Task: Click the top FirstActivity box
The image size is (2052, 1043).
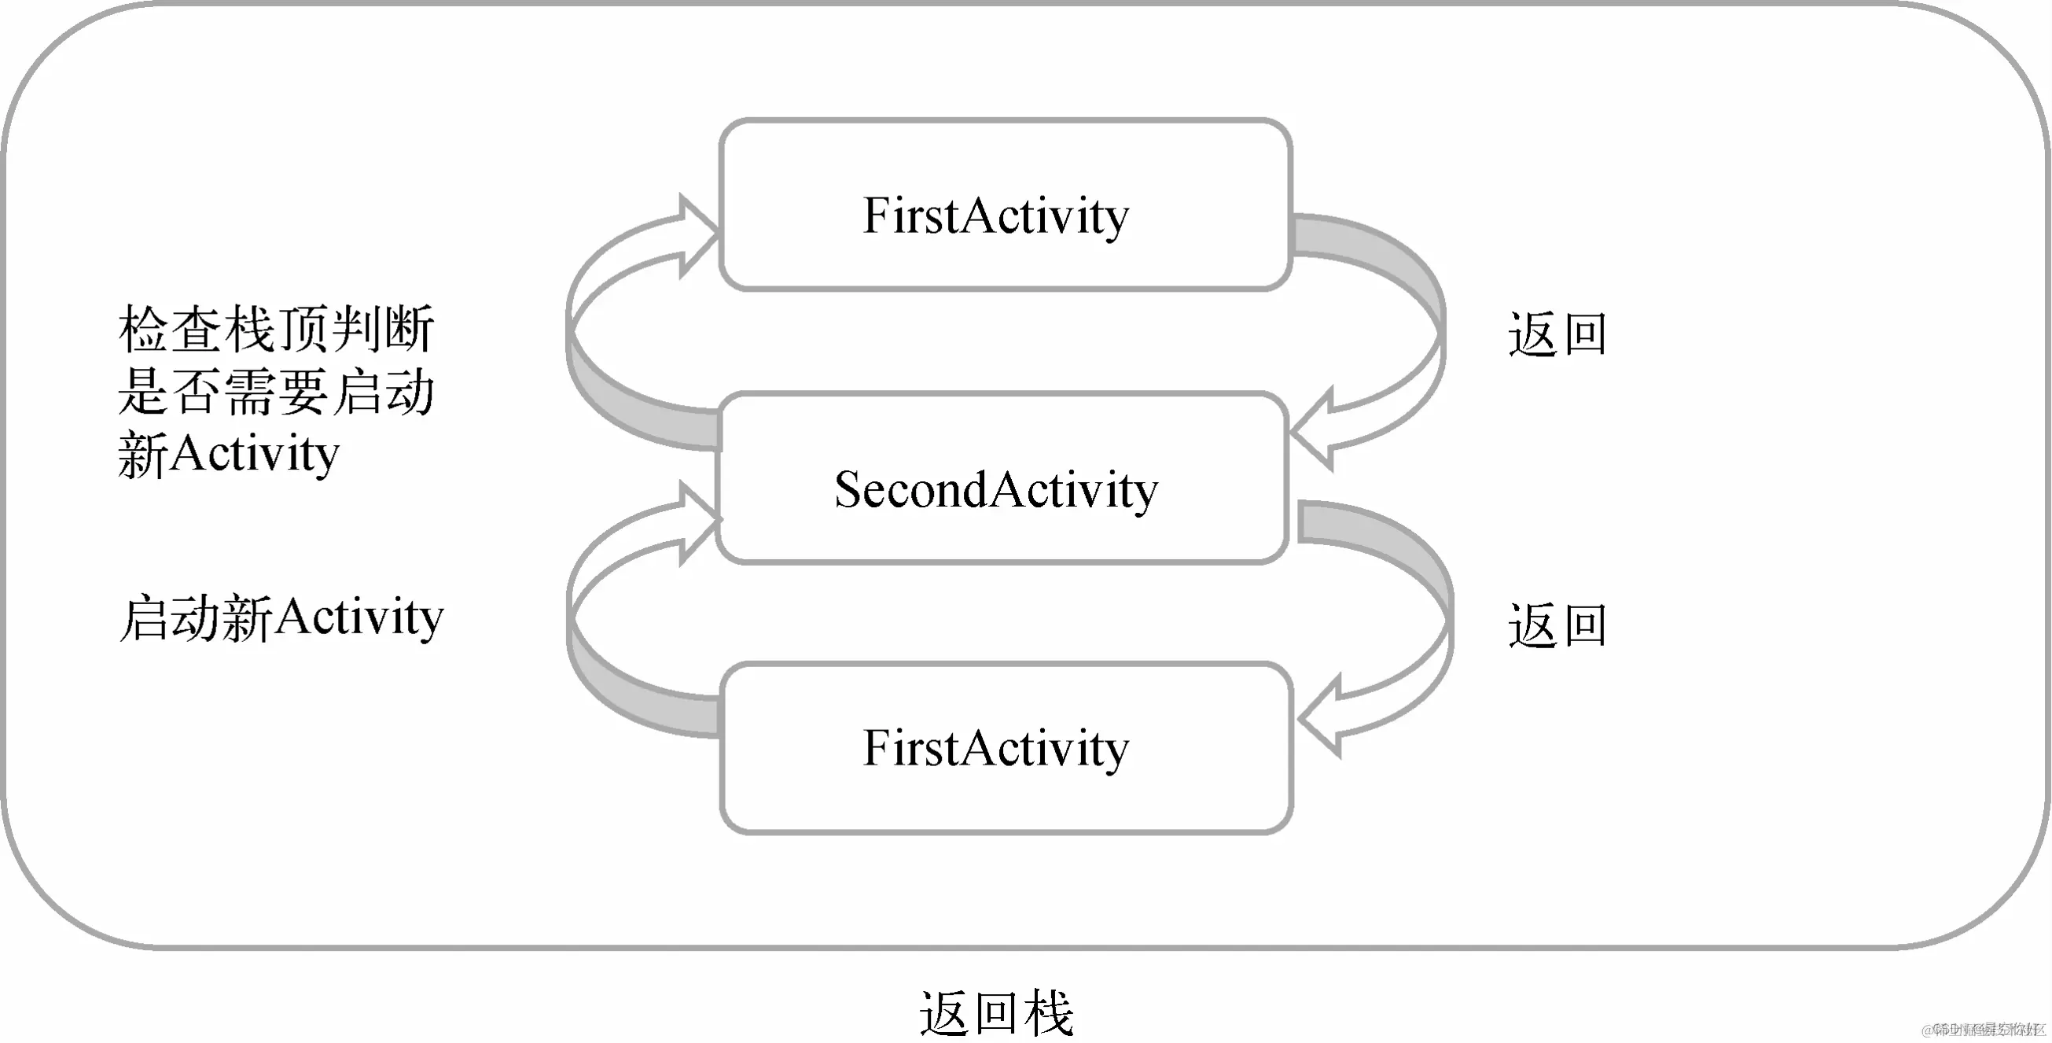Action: click(x=1005, y=205)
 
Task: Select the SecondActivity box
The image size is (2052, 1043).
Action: click(x=1002, y=478)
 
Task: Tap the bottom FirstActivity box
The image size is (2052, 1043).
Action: click(x=1006, y=748)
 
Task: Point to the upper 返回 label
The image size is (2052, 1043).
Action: click(x=1557, y=334)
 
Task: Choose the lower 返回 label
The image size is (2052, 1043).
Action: click(x=1557, y=625)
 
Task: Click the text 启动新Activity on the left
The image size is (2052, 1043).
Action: click(x=281, y=617)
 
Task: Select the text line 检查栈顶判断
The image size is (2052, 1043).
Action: click(x=276, y=329)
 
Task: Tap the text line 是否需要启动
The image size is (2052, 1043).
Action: click(x=276, y=392)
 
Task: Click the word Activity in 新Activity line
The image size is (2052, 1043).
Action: click(x=255, y=454)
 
